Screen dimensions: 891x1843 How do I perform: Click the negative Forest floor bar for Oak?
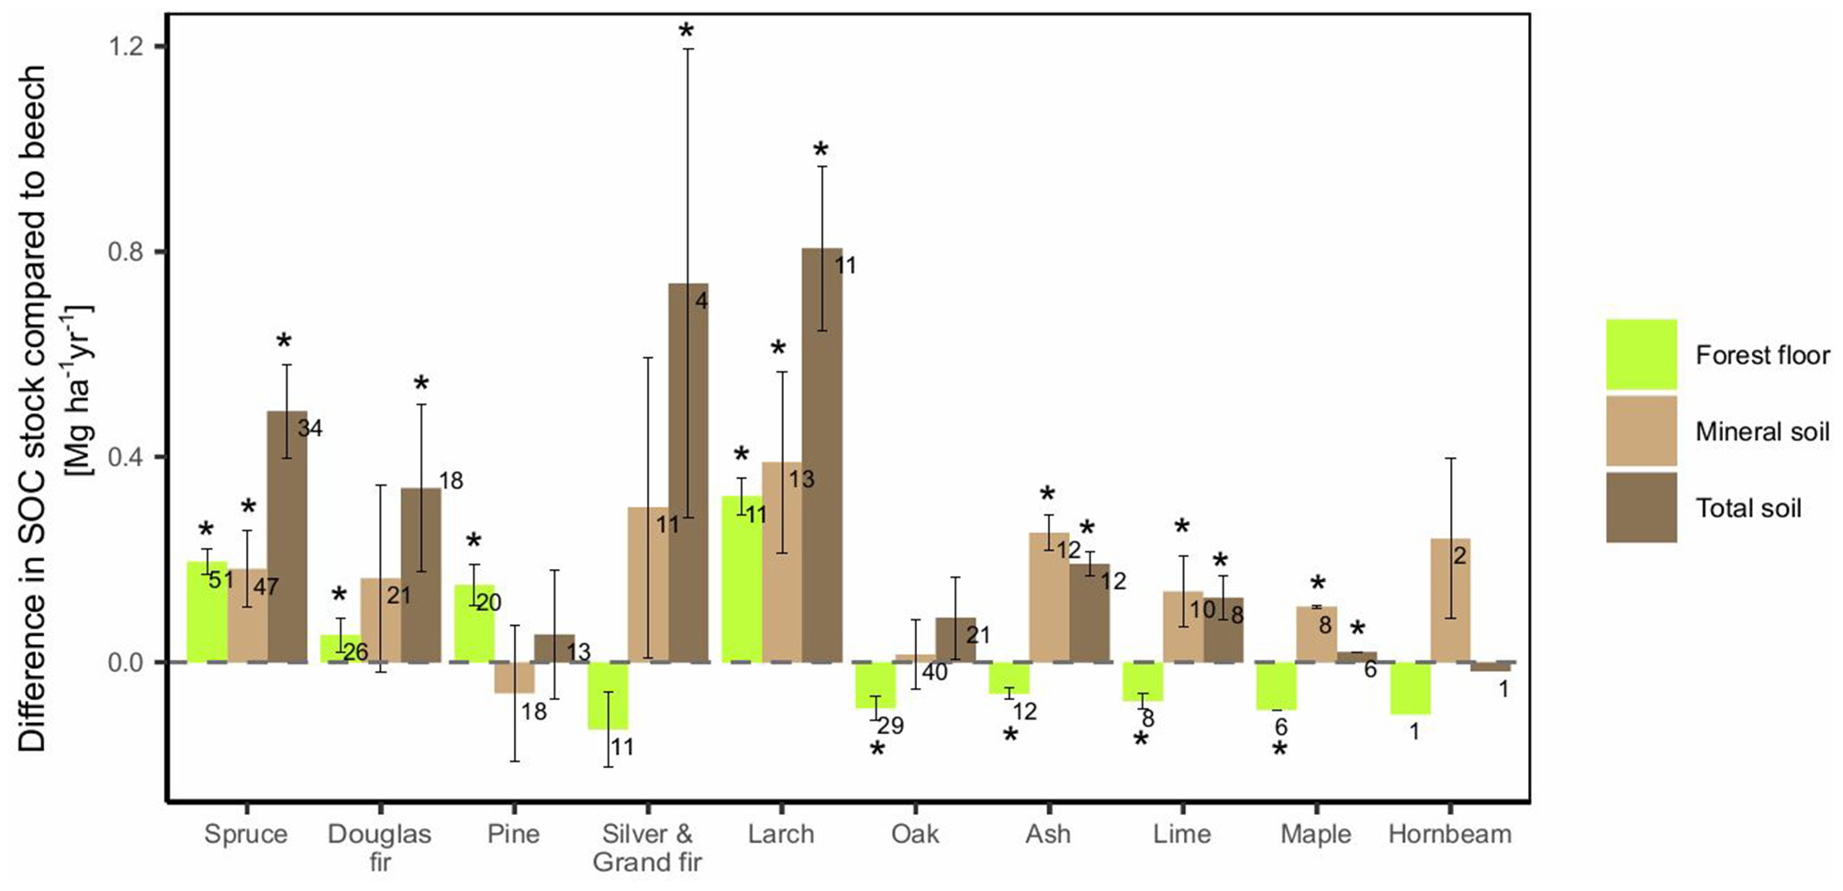(x=875, y=685)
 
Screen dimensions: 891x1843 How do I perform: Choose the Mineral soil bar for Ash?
(x=1048, y=597)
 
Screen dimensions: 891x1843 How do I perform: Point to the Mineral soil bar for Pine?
(x=514, y=677)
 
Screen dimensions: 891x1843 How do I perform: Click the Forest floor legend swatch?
(x=1641, y=355)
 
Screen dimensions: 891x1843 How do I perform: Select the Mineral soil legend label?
(x=1761, y=431)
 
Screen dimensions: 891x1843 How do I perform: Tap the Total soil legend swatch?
(x=1641, y=507)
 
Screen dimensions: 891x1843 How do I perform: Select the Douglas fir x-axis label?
(x=379, y=847)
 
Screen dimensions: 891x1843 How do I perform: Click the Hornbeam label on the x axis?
(x=1449, y=834)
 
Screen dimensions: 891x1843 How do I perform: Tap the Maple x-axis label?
(x=1315, y=834)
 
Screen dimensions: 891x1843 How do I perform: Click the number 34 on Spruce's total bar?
(x=309, y=429)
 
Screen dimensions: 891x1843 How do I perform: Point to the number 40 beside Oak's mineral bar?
(x=934, y=673)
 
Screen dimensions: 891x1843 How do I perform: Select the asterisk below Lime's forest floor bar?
(x=1140, y=739)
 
